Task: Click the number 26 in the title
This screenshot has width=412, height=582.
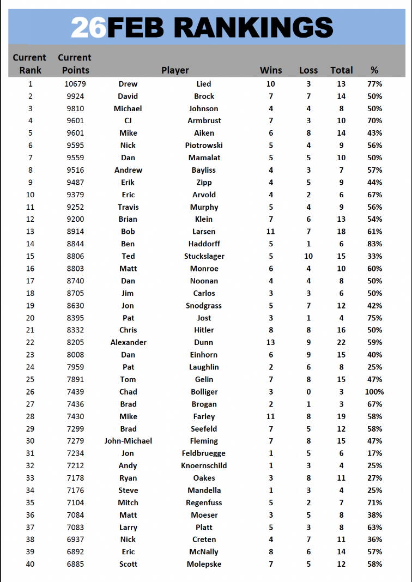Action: coord(89,27)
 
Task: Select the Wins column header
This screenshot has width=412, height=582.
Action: coord(271,70)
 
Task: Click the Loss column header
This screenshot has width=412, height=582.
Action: coord(308,70)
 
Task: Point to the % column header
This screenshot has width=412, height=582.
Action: coord(374,70)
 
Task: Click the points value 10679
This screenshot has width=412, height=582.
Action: coord(75,84)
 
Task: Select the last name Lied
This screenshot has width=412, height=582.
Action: coord(204,84)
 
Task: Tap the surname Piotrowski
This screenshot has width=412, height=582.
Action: coord(204,145)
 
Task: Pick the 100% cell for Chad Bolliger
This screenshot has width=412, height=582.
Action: coord(374,392)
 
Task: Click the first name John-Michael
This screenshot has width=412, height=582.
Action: coord(128,441)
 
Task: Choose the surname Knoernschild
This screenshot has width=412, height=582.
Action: coord(204,465)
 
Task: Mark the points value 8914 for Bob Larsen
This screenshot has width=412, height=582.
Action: coord(75,232)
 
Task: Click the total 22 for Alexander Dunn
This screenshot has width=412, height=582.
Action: coord(341,342)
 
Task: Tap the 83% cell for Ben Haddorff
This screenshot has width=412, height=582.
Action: coord(374,244)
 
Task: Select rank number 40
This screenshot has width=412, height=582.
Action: coord(30,564)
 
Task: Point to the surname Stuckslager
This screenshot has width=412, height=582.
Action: coord(204,256)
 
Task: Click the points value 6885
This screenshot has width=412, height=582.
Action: coord(75,564)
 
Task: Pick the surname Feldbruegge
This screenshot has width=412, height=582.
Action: coord(204,453)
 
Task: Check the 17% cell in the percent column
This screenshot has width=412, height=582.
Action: coord(374,453)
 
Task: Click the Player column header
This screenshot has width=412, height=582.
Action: coord(175,70)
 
